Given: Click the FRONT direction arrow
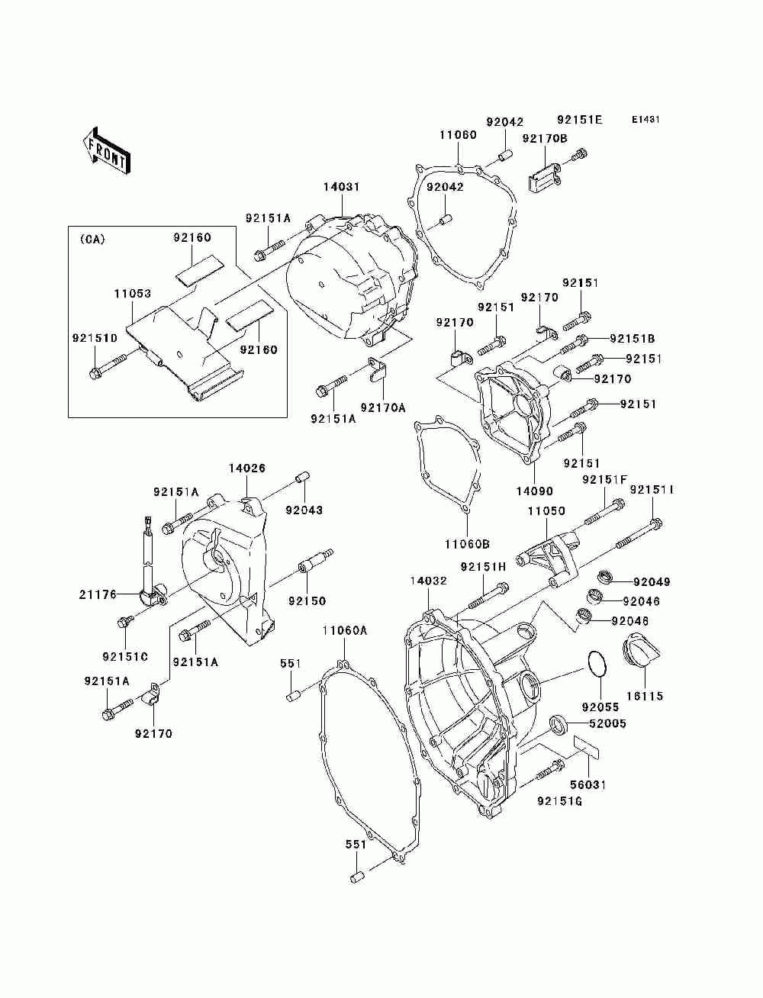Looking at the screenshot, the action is pos(107,150).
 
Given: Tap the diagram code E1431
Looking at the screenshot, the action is pos(645,120).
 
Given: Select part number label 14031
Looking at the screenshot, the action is pos(341,186).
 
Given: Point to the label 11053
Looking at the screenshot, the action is pos(132,294).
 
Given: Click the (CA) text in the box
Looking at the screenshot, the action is pos(93,240).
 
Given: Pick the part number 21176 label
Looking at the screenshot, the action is pos(98,594).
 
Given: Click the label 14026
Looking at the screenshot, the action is pos(247,468).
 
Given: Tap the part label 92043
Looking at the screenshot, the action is pos(304,510).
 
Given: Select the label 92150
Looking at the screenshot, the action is pos(307,601).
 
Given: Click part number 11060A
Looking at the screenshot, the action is pos(345,631).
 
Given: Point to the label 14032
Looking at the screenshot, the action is pos(428,581).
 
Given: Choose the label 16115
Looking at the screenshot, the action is pos(645,696).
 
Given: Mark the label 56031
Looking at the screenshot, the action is pos(589,785).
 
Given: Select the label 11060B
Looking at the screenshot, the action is pos(467,544).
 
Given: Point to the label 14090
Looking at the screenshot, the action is pos(534,491).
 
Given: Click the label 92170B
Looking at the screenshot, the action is pos(545,138).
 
